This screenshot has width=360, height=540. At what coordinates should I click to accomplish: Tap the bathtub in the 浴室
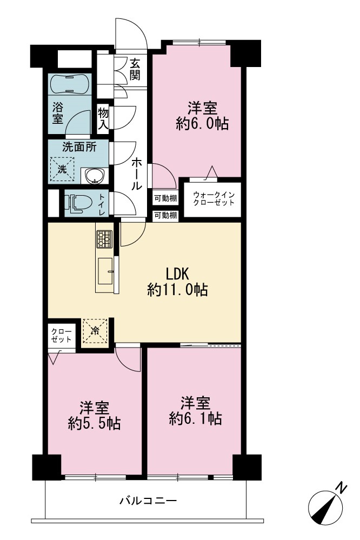pyautogui.click(x=69, y=83)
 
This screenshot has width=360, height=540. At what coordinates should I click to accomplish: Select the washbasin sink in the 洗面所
pyautogui.click(x=95, y=176)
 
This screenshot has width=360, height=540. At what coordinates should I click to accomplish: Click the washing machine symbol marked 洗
pyautogui.click(x=62, y=169)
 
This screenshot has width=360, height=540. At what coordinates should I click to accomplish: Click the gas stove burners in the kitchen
pyautogui.click(x=104, y=239)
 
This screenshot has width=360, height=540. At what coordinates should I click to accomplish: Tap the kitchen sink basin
pyautogui.click(x=105, y=271)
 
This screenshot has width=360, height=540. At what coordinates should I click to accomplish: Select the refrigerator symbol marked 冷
pyautogui.click(x=95, y=331)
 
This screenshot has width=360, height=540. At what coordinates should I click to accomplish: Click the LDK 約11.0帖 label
pyautogui.click(x=177, y=282)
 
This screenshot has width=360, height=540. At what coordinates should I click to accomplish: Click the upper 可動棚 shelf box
pyautogui.click(x=165, y=198)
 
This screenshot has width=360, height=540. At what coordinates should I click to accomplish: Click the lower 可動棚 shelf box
pyautogui.click(x=165, y=215)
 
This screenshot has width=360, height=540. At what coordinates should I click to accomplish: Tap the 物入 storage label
pyautogui.click(x=103, y=118)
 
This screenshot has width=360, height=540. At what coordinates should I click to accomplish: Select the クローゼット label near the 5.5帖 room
pyautogui.click(x=61, y=335)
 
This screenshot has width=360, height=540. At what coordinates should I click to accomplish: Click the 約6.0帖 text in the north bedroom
pyautogui.click(x=202, y=123)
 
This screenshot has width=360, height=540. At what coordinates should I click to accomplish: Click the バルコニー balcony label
pyautogui.click(x=148, y=500)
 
